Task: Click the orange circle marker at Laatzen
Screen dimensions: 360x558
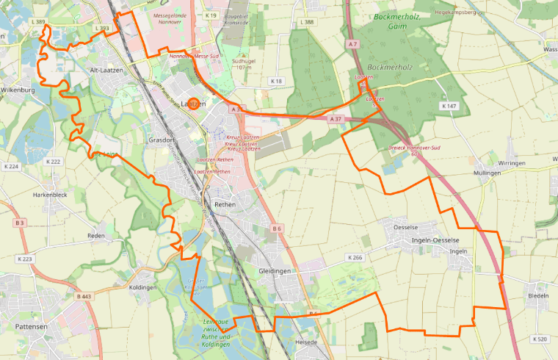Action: pyautogui.click(x=192, y=104)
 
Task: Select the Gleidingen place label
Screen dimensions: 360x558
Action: pyautogui.click(x=275, y=271)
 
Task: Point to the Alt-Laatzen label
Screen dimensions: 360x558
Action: pyautogui.click(x=104, y=70)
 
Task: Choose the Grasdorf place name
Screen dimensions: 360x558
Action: pyautogui.click(x=162, y=140)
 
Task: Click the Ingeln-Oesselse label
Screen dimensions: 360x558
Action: pyautogui.click(x=435, y=241)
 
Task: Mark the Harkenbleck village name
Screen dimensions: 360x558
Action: pyautogui.click(x=50, y=195)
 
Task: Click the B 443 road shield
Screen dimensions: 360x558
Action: pyautogui.click(x=84, y=296)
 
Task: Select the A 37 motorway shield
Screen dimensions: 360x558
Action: pyautogui.click(x=336, y=119)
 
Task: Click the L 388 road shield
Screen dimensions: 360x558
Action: pyautogui.click(x=308, y=22)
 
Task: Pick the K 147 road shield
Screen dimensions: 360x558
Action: pyautogui.click(x=449, y=107)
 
